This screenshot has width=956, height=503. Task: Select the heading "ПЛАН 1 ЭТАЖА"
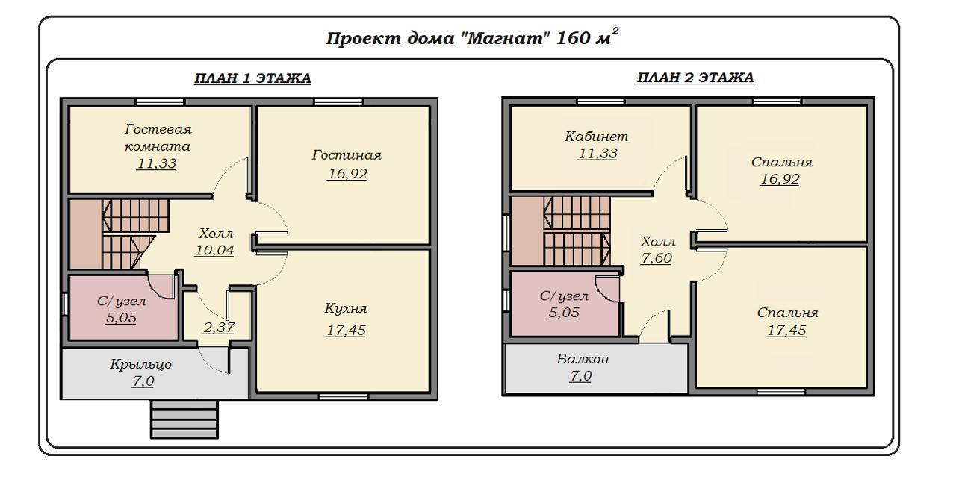(252, 78)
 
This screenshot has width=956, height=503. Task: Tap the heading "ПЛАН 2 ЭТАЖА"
(695, 78)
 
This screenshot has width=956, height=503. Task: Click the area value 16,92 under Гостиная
(347, 173)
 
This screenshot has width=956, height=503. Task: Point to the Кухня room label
(346, 308)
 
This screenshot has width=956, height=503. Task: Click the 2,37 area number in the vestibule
(219, 327)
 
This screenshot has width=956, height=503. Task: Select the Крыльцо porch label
(141, 364)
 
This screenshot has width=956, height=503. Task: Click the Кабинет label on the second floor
(597, 137)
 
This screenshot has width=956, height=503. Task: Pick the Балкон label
(583, 359)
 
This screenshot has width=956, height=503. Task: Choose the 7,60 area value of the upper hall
(657, 258)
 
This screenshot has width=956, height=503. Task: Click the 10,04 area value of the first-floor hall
(214, 250)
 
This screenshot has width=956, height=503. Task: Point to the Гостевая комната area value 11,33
(156, 163)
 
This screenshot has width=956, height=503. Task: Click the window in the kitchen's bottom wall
(344, 397)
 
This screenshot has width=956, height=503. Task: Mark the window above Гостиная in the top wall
(338, 102)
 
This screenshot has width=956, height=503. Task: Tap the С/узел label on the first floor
(121, 301)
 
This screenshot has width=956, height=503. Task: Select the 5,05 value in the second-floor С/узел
(564, 313)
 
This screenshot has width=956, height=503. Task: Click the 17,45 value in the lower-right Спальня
(786, 331)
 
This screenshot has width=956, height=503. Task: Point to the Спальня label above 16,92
(782, 162)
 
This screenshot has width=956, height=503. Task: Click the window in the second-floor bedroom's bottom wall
(781, 391)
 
